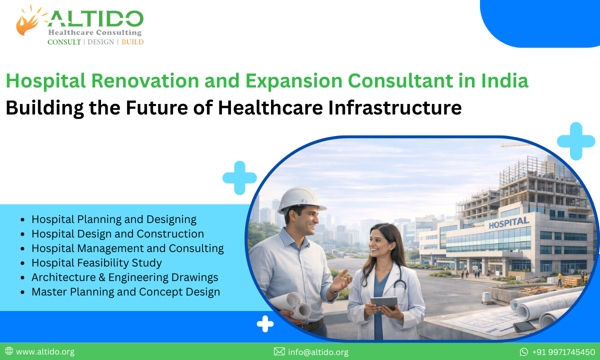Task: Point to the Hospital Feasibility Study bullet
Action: pyautogui.click(x=96, y=262)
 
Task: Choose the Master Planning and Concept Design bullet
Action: pyautogui.click(x=125, y=291)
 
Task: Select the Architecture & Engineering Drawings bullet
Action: pyautogui.click(x=124, y=277)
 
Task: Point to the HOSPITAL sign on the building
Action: pyautogui.click(x=508, y=222)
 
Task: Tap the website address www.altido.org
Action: pyautogui.click(x=45, y=351)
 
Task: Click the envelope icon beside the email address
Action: pyautogui.click(x=279, y=351)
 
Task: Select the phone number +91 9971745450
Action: pyautogui.click(x=563, y=351)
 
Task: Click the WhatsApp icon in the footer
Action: pyautogui.click(x=524, y=351)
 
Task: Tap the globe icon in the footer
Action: pyautogui.click(x=9, y=351)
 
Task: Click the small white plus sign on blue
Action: pyautogui.click(x=265, y=324)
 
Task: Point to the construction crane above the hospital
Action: pyautogui.click(x=515, y=144)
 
